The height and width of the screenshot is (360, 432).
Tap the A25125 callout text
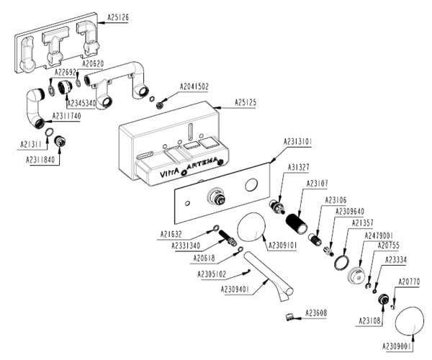point(246,103)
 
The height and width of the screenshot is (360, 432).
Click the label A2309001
point(397,346)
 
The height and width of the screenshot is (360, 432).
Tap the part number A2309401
point(236,289)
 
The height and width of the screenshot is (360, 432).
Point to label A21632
point(172,234)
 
